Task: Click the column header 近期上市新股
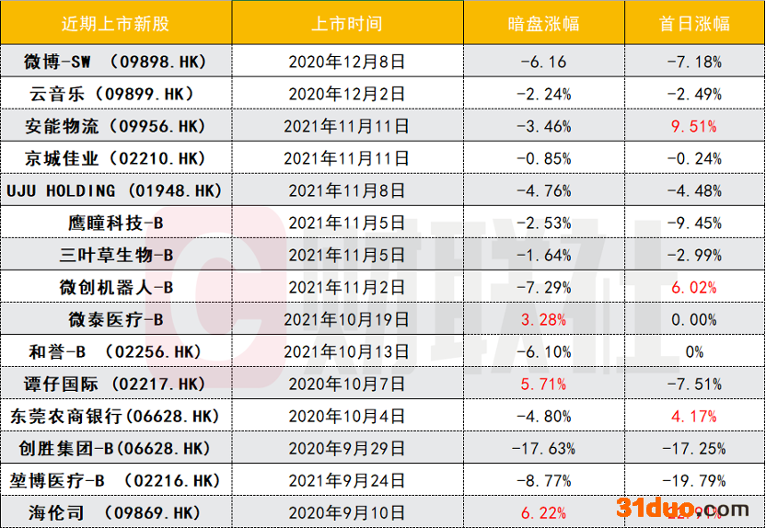point(115,23)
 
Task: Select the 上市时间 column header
point(346,23)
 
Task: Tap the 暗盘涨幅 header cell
point(544,23)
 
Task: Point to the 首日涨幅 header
point(694,23)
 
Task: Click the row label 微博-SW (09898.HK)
point(115,63)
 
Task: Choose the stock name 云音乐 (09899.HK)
point(115,94)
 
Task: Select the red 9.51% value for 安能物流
point(694,126)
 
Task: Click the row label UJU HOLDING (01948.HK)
point(115,191)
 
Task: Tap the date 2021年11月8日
point(346,191)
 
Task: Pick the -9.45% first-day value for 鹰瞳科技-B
point(694,224)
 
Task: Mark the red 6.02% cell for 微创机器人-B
point(694,288)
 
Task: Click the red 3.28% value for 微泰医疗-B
point(544,320)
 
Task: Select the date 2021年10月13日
point(346,352)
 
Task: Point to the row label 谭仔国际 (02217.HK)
point(115,385)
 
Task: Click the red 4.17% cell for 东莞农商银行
point(694,417)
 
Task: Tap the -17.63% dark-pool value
point(544,449)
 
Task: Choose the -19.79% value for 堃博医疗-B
point(694,480)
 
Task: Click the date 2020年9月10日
point(346,512)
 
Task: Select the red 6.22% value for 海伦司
point(544,512)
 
